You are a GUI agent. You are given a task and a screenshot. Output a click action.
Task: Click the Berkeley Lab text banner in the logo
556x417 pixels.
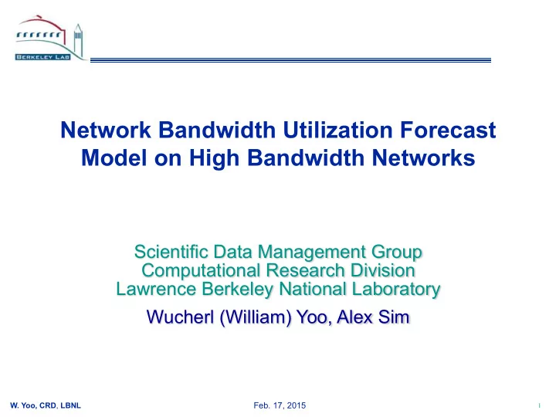pos(43,56)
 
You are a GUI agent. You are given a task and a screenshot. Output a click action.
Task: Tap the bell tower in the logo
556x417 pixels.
pos(78,39)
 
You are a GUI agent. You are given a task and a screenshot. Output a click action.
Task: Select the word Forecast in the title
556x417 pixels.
pos(448,130)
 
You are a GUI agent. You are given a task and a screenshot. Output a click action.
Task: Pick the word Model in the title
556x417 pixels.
pos(114,158)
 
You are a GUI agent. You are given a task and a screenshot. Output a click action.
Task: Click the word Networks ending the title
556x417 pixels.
pos(423,158)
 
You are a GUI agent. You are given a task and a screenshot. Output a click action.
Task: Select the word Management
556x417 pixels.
pos(312,253)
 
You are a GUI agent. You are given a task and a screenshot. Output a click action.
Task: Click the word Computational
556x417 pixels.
pos(201,270)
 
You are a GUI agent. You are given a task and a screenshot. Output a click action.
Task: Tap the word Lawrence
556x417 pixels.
pos(156,289)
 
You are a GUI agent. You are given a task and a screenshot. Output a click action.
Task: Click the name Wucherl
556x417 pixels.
pos(180,317)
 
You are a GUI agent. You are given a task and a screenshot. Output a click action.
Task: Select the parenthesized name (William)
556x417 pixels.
pos(256,317)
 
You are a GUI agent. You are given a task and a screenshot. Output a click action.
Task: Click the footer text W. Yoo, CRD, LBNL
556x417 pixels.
pos(46,405)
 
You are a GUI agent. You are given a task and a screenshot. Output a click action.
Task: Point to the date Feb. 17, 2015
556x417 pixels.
pos(280,405)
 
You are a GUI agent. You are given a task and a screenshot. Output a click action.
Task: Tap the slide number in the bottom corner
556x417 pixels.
pos(539,405)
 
